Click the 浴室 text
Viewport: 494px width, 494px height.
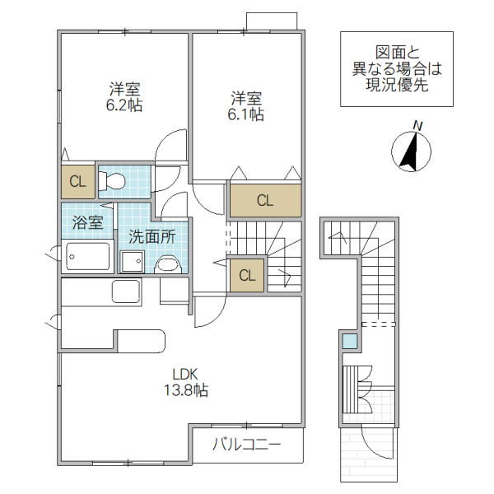click(87, 222)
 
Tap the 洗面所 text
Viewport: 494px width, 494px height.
click(151, 235)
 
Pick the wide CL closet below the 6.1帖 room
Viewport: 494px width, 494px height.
click(264, 200)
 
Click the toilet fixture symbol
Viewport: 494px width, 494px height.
click(112, 180)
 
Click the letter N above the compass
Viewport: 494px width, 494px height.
click(417, 125)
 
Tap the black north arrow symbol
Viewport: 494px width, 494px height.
click(410, 152)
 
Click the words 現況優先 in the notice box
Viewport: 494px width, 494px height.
click(397, 85)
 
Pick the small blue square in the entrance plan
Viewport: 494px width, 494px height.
click(350, 339)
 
